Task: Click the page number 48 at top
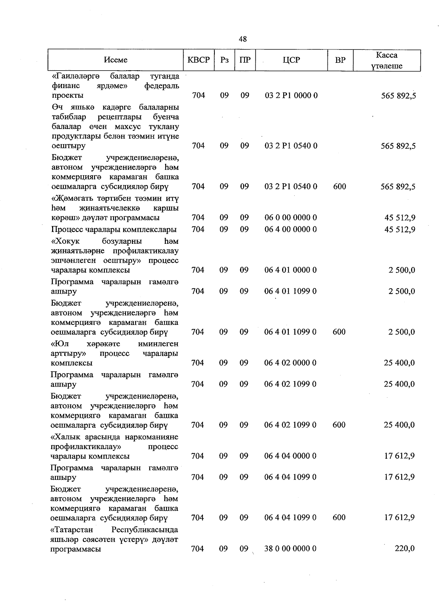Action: click(x=243, y=39)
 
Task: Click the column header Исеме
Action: click(x=116, y=60)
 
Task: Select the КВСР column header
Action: click(x=198, y=60)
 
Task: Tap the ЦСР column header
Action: click(x=291, y=60)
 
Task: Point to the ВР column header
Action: click(x=340, y=60)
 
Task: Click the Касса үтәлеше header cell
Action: click(x=387, y=61)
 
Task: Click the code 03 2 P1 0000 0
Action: click(x=291, y=96)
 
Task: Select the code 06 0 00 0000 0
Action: click(x=291, y=217)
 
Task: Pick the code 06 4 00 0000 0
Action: click(x=291, y=229)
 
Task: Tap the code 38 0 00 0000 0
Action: click(x=290, y=548)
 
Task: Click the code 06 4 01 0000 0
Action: click(x=291, y=270)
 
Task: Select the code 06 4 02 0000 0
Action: click(x=290, y=363)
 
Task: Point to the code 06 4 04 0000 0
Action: click(x=290, y=456)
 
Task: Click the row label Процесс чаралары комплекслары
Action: click(x=114, y=229)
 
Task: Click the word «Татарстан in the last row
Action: click(x=72, y=529)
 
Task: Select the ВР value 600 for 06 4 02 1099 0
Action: click(x=339, y=424)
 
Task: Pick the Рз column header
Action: click(x=224, y=60)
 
